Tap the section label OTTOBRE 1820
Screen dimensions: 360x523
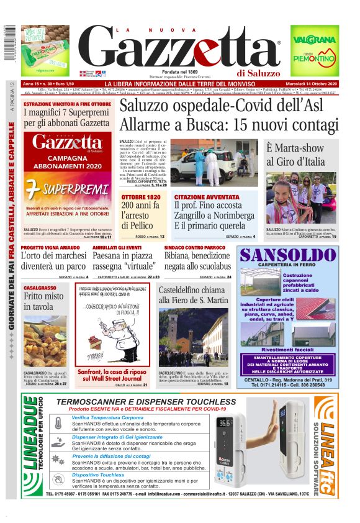click(142, 197)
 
